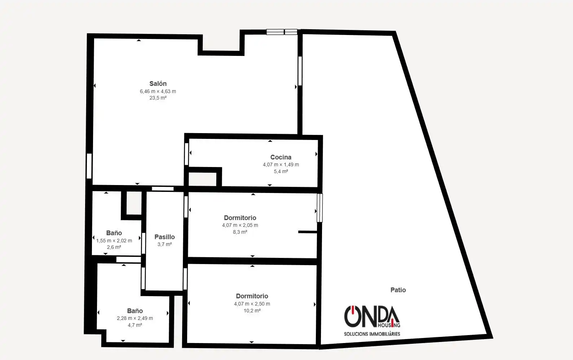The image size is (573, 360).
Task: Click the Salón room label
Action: coord(158,83)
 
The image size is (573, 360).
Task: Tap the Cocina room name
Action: coord(281,157)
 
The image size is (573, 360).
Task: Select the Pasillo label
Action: coord(164,237)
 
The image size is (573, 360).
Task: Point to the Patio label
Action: coord(398,290)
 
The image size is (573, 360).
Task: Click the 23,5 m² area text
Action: coord(158,98)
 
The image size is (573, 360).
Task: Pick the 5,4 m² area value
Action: coord(281,171)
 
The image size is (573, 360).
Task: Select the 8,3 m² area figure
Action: coord(240,232)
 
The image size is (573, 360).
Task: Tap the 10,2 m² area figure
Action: coord(252,311)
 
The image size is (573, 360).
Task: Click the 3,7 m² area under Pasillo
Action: coord(164,244)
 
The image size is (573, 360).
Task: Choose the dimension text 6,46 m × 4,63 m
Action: coord(158,91)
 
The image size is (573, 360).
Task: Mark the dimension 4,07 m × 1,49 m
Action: coord(281,164)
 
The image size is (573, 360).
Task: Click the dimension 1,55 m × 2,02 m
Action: coord(114,241)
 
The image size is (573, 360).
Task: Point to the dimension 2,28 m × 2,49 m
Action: coord(135,318)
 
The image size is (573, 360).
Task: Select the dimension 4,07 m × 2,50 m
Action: coord(252,304)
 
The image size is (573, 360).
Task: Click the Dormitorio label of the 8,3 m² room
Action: coord(240,218)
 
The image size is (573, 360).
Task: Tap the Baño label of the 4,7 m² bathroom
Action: coord(135,311)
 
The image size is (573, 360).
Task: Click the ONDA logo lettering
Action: coord(372,316)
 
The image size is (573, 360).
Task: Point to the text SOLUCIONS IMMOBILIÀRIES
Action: coord(372,334)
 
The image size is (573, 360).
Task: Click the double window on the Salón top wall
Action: coord(282,32)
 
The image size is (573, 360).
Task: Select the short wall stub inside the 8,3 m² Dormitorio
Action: coord(308,232)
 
